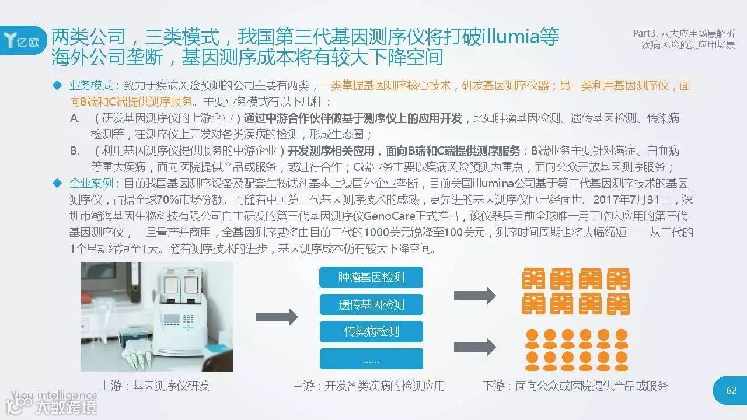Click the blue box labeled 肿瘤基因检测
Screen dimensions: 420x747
pyautogui.click(x=371, y=277)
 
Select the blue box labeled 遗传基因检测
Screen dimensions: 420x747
pyautogui.click(x=371, y=304)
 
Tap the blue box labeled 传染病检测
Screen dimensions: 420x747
pyautogui.click(x=371, y=332)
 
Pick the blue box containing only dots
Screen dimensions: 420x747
pyautogui.click(x=371, y=359)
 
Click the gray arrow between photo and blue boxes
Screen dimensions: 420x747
pyautogui.click(x=276, y=317)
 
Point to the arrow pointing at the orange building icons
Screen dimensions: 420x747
pyautogui.click(x=474, y=295)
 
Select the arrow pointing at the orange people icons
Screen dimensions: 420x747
pyautogui.click(x=474, y=347)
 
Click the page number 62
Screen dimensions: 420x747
pyautogui.click(x=731, y=390)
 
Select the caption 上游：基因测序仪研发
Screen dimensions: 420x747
pyautogui.click(x=154, y=386)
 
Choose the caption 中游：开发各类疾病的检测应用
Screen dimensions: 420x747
pyautogui.click(x=369, y=386)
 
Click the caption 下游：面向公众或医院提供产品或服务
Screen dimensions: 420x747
pyautogui.click(x=575, y=386)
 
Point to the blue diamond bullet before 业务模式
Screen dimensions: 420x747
pyautogui.click(x=57, y=85)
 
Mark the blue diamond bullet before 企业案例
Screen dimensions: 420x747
pyautogui.click(x=57, y=183)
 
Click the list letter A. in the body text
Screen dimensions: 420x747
pyautogui.click(x=75, y=118)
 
